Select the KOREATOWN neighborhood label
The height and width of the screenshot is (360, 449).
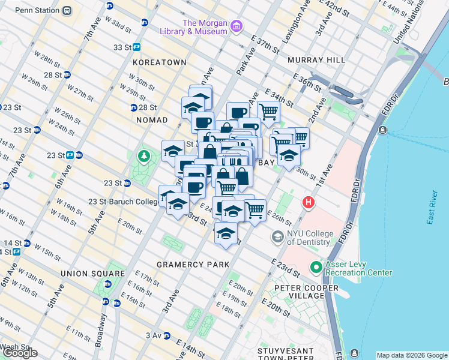click(160, 62)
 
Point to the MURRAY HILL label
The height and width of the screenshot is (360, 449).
click(316, 60)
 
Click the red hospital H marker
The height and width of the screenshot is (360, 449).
click(309, 202)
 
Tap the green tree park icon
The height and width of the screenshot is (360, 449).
click(143, 157)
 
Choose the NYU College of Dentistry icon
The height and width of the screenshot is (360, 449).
click(277, 237)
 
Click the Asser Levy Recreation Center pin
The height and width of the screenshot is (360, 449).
click(316, 267)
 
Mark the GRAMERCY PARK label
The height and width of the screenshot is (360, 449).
click(193, 264)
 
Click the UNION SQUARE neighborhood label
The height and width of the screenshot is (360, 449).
click(92, 273)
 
